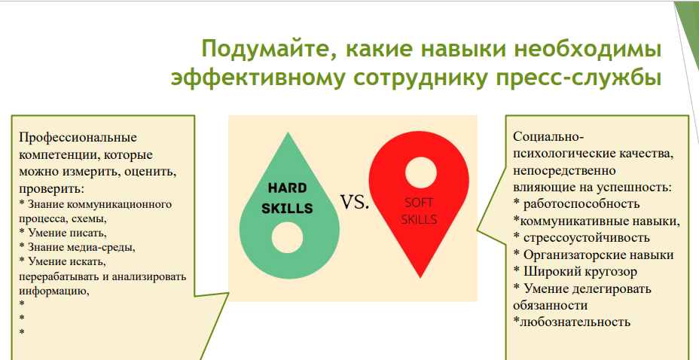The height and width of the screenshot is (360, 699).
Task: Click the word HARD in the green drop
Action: point(288,188)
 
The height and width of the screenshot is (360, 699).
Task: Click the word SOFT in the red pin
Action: point(419,203)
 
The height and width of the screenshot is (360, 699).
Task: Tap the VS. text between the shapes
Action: point(356,202)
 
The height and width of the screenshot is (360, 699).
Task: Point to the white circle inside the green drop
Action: point(287,237)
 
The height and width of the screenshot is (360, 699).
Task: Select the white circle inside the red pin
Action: point(421,172)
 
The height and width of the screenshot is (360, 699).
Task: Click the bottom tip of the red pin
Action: point(420,278)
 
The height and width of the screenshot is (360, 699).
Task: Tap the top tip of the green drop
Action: point(288,133)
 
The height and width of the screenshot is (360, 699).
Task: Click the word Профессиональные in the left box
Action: point(78,137)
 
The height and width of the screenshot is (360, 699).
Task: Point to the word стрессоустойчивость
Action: point(586,237)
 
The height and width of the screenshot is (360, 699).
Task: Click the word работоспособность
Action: point(581,204)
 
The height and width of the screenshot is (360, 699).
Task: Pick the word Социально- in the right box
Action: point(548,136)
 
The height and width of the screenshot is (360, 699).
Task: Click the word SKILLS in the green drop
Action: point(287,209)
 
